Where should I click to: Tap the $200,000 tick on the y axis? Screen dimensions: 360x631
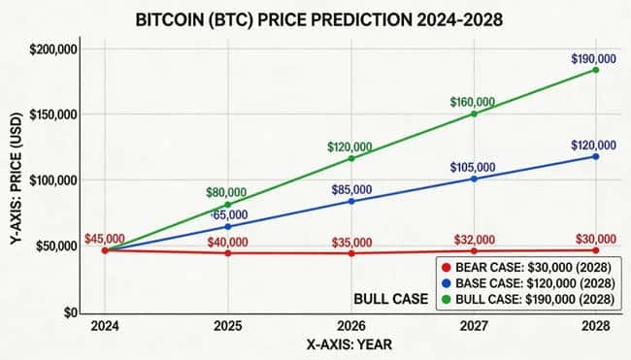(x=56, y=49)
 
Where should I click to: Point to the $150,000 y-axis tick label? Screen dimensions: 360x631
(x=56, y=115)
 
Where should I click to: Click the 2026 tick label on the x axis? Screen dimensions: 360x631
(x=351, y=326)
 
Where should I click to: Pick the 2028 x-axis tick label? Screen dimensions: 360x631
(x=595, y=326)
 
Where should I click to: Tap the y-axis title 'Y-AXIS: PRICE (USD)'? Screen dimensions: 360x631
(x=17, y=180)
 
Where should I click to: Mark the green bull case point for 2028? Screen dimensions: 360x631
(x=595, y=70)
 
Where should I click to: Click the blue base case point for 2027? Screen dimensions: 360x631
(x=474, y=179)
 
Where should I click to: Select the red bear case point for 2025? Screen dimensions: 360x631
(x=228, y=253)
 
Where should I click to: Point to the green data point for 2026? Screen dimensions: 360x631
(x=351, y=158)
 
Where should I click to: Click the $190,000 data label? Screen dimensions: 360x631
(x=594, y=58)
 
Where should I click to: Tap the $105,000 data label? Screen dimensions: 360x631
(x=473, y=167)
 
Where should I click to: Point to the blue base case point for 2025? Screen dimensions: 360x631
(x=228, y=227)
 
